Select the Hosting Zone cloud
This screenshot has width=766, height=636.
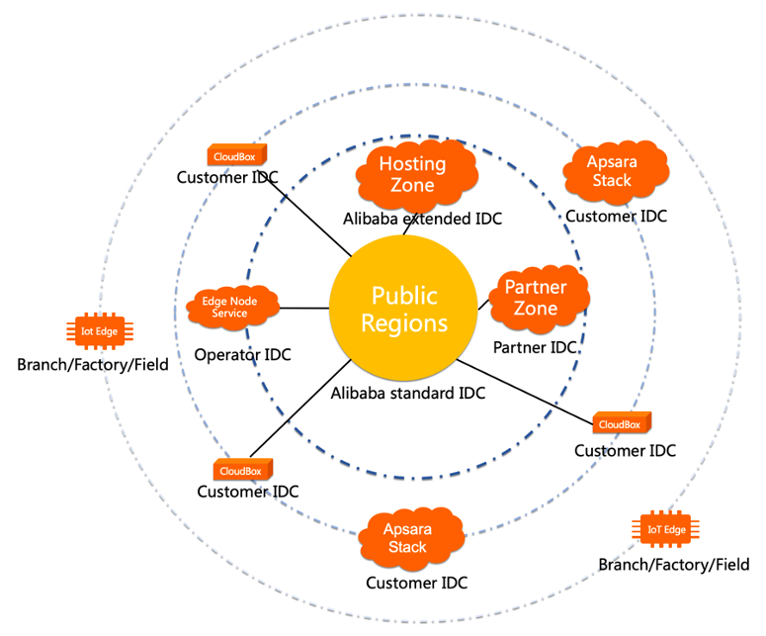(413, 174)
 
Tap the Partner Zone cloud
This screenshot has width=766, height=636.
(537, 298)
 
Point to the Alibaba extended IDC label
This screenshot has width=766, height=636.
(422, 218)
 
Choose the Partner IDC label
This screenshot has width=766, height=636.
(536, 347)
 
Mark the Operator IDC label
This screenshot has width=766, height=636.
(242, 354)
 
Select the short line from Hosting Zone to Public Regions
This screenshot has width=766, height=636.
(407, 223)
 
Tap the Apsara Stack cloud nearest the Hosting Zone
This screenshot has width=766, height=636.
(612, 172)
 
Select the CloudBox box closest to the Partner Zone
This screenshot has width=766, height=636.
(621, 423)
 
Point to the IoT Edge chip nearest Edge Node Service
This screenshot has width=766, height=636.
(100, 331)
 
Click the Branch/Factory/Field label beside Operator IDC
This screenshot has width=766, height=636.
(93, 364)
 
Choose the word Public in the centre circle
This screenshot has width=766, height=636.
(403, 295)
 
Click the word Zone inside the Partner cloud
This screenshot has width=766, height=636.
(535, 308)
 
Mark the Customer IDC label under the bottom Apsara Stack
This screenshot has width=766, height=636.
(416, 583)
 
